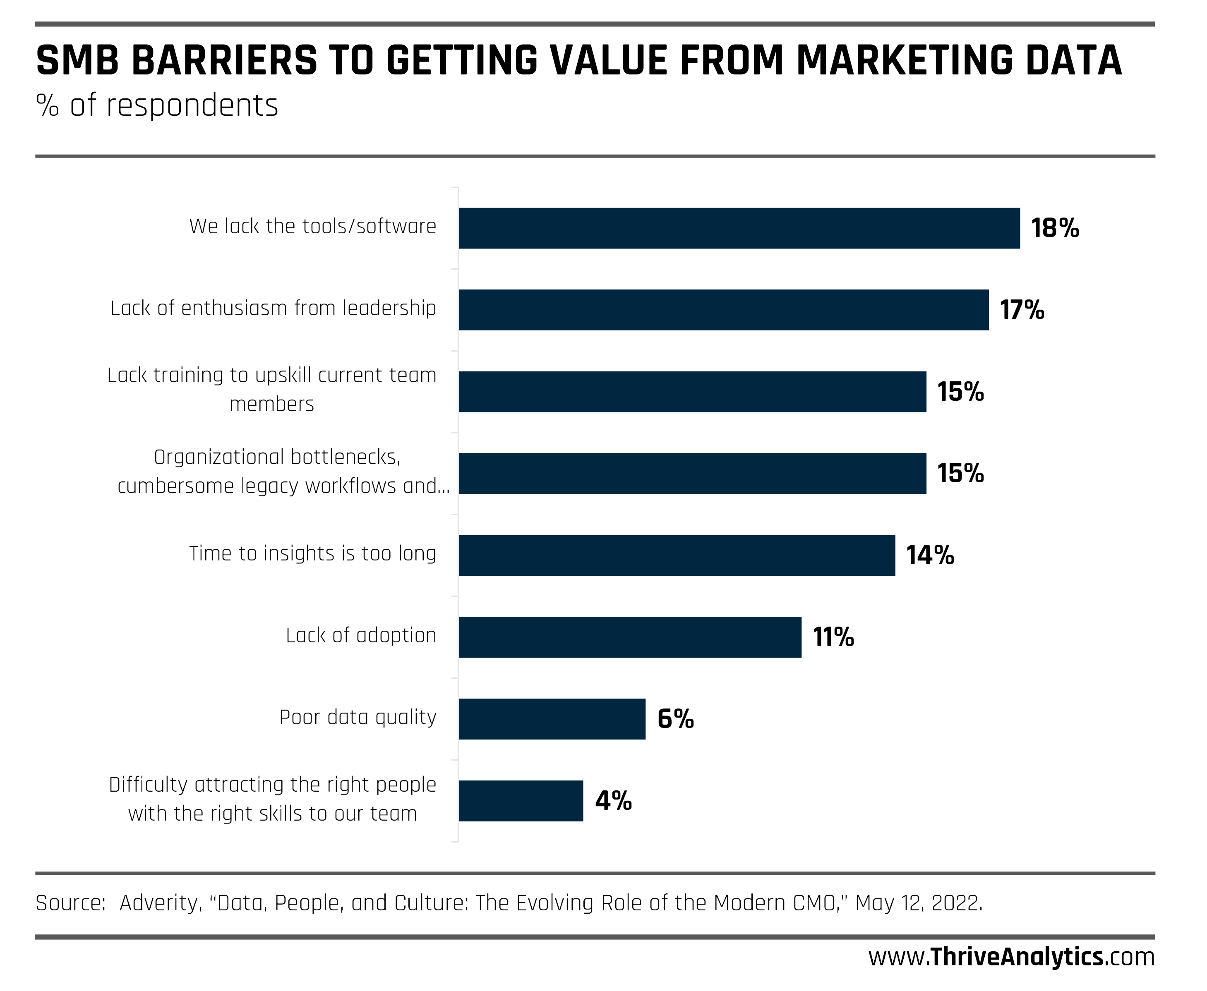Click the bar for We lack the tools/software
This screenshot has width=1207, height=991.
click(739, 228)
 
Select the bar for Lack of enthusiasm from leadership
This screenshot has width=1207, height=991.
click(723, 310)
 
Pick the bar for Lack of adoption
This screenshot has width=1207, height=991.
click(630, 637)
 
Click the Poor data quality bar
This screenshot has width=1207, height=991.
click(552, 719)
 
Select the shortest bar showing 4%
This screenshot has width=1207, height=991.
click(521, 801)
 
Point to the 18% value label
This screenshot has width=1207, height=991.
click(1055, 228)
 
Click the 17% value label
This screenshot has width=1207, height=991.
click(1022, 310)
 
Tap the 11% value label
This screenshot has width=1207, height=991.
click(833, 637)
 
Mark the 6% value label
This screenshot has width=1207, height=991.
click(675, 719)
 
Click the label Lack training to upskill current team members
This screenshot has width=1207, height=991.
click(272, 389)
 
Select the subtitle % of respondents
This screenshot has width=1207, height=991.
click(157, 105)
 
